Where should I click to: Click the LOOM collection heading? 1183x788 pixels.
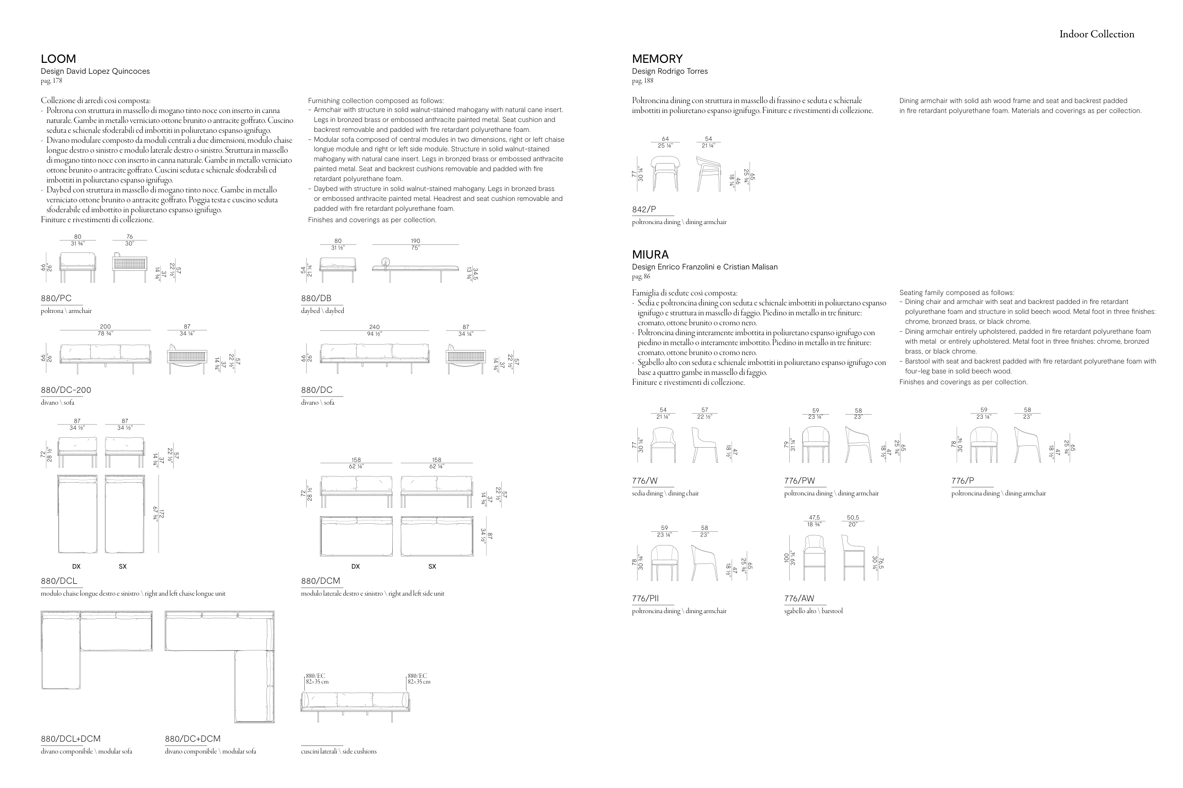point(58,59)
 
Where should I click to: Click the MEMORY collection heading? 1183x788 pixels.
point(657,59)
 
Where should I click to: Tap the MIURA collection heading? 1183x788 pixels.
point(650,254)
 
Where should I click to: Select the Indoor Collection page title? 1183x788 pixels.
point(1096,34)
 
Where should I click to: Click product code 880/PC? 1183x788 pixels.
point(56,298)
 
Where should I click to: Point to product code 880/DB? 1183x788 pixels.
point(316,298)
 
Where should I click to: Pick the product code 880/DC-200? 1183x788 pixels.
point(66,390)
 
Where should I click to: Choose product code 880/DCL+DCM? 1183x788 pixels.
point(71,739)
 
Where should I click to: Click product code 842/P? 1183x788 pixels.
point(644,209)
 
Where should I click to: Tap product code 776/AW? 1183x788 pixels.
point(799,598)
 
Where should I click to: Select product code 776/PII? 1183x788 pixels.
point(645,598)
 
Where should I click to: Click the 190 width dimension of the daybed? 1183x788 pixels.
point(415,241)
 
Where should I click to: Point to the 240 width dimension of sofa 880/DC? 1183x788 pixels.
point(374,327)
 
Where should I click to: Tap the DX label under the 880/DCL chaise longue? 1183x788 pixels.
point(77,566)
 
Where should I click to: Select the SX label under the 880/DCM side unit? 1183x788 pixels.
point(432,566)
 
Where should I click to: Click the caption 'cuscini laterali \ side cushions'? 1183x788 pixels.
point(338,751)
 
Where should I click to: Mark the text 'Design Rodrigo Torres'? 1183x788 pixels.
point(670,71)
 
